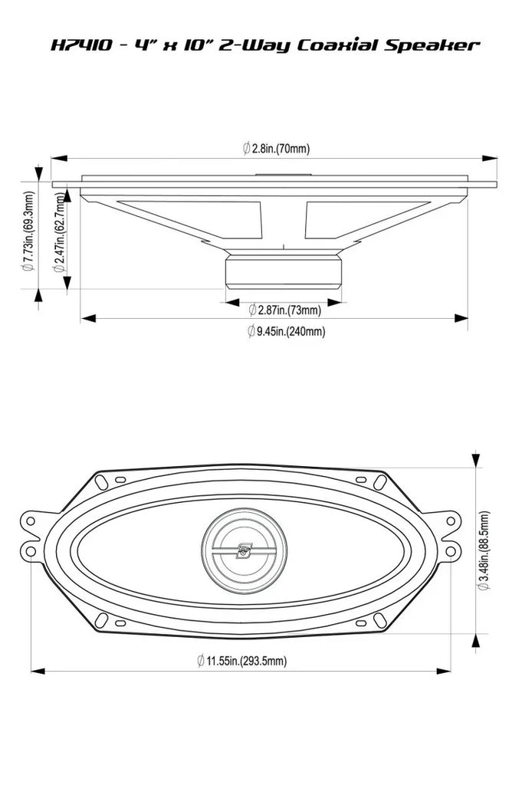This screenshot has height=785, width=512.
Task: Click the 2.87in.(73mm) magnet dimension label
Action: [284, 310]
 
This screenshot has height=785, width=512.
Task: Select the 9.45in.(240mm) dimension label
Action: [286, 331]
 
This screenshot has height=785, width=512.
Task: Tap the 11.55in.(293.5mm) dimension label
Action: [241, 660]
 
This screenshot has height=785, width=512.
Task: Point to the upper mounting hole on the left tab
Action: [31, 521]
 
